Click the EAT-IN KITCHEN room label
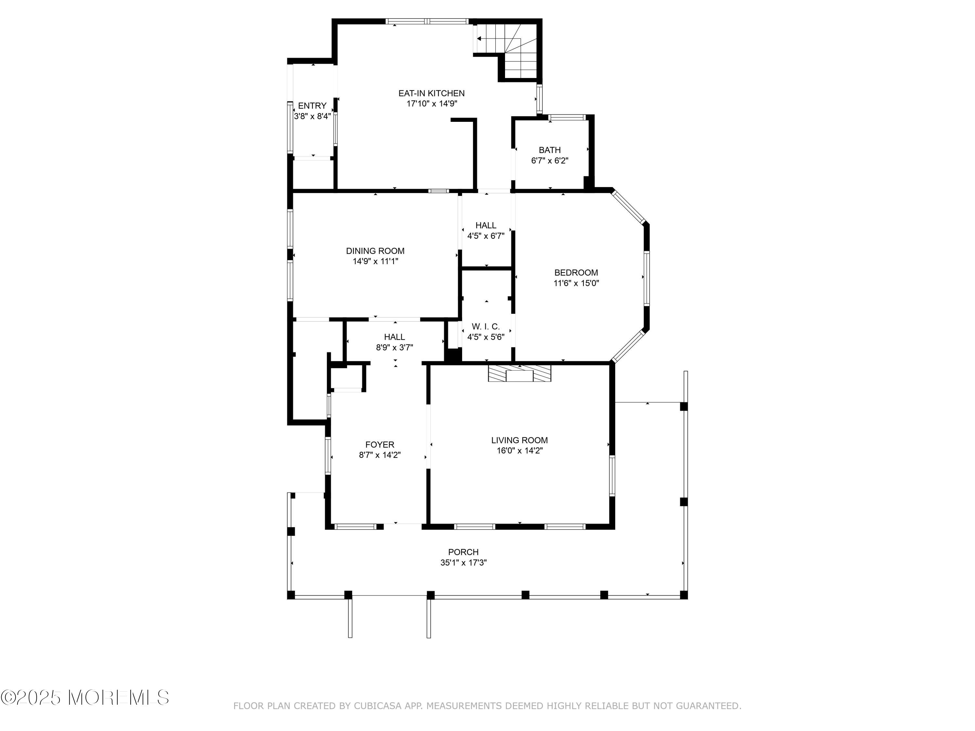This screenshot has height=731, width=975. pos(432,94)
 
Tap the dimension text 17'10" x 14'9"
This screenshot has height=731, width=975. pos(432,104)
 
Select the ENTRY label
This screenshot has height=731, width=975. pos(312,106)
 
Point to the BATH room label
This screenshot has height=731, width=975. pos(550,150)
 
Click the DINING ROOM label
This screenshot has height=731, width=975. pos(375,251)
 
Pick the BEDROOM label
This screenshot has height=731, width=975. pos(576,273)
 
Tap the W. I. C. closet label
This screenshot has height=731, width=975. pos(486,327)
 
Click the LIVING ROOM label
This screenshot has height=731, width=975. pos(520,440)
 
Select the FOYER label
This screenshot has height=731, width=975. pos(380,445)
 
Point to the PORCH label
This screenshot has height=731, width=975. pos(463,552)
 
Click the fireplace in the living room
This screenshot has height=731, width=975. pos(520,373)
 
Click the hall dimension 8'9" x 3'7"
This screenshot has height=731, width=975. pos(395,348)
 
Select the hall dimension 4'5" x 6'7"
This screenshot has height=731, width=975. pos(486,236)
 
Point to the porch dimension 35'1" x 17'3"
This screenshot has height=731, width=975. pos(463,563)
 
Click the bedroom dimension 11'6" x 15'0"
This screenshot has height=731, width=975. pos(576,283)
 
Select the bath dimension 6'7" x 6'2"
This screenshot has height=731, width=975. pos(550,161)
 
